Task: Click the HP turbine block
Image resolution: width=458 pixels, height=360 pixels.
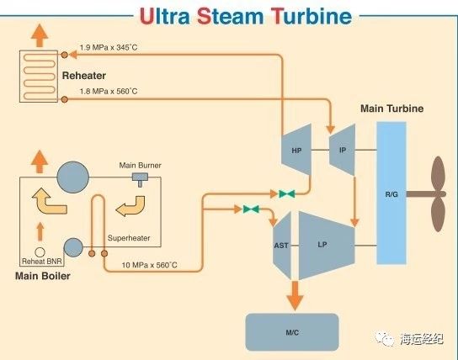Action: click(296, 150)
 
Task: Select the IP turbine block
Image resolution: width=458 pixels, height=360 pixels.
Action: click(343, 150)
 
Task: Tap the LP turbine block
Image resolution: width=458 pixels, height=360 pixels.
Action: click(327, 245)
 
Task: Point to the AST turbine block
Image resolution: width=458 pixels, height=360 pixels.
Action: click(282, 245)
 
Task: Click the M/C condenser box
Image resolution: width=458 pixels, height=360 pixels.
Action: click(292, 332)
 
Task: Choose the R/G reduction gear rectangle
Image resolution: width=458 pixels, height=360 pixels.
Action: click(391, 193)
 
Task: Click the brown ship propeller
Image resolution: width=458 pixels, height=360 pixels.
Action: click(437, 194)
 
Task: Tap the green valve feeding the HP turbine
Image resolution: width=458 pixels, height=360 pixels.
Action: click(287, 193)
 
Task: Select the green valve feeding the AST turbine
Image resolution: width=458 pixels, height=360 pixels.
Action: click(251, 209)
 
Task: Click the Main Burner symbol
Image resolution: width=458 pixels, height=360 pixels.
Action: click(141, 179)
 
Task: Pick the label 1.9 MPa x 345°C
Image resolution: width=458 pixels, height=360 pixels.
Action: click(109, 47)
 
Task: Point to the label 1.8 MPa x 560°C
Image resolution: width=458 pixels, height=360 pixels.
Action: click(109, 92)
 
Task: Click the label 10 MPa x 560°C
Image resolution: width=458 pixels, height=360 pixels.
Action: click(149, 265)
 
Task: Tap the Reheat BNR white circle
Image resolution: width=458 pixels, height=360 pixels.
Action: click(40, 252)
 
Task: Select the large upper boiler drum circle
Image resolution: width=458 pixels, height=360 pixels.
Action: click(73, 177)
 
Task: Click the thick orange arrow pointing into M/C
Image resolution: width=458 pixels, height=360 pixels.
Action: click(295, 295)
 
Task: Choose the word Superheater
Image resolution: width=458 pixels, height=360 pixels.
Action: click(129, 238)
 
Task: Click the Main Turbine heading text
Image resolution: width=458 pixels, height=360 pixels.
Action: click(392, 109)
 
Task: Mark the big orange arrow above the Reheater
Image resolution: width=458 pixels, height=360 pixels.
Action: click(40, 35)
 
